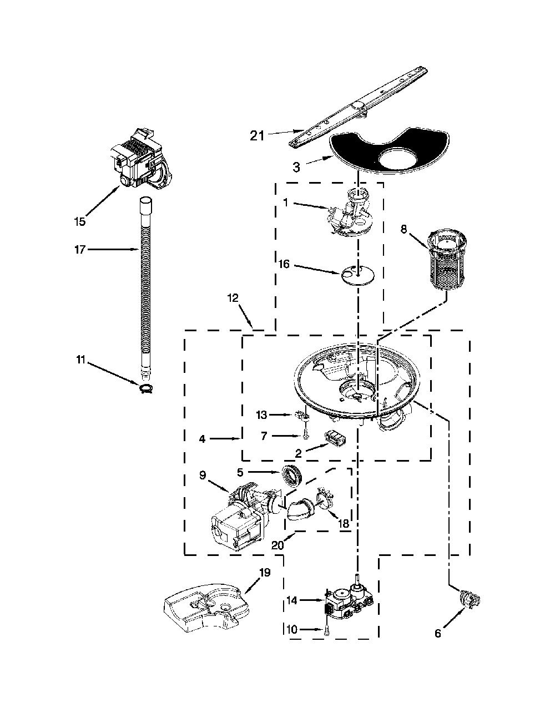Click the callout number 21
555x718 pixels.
pyautogui.click(x=257, y=135)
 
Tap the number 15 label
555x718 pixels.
pyautogui.click(x=79, y=221)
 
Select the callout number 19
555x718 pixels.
pyautogui.click(x=265, y=573)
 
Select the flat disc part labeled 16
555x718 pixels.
pyautogui.click(x=358, y=275)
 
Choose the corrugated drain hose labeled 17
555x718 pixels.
pyautogui.click(x=145, y=287)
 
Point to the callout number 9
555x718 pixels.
pyautogui.click(x=203, y=476)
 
